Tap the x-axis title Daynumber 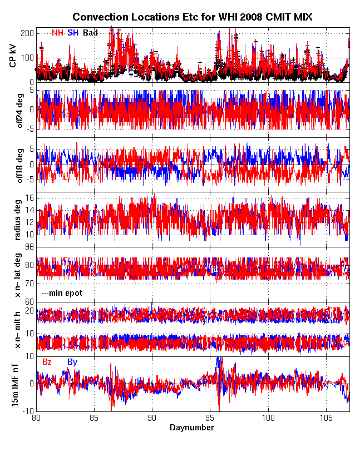pos(192,428)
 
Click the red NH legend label pos(57,33)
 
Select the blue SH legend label pos(72,33)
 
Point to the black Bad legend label pos(90,33)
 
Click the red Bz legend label pos(47,362)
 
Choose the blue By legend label pos(72,362)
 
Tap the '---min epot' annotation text pos(62,292)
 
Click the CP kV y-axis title pos(13,56)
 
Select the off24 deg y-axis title pos(13,110)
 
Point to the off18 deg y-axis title pos(13,165)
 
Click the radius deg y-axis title pos(13,220)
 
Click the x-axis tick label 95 pos(210,419)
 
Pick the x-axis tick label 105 pos(327,419)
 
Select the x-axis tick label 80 pos(36,419)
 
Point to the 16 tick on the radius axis pos(29,198)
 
